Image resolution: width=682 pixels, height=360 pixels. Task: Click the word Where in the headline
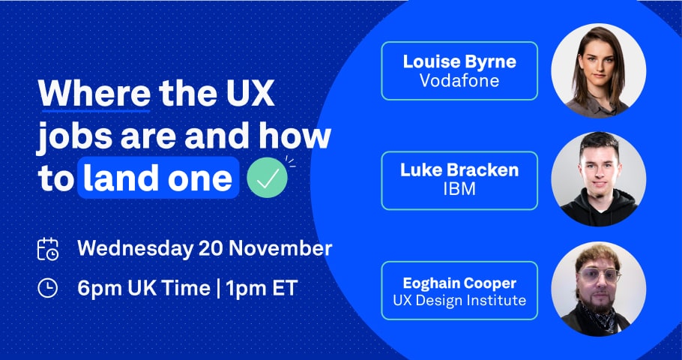tap(94, 95)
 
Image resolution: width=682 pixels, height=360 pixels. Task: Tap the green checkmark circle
tap(268, 178)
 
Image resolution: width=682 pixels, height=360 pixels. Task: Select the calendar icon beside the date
tap(48, 248)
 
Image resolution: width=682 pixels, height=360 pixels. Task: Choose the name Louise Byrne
tap(459, 61)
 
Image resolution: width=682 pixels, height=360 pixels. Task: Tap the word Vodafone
tap(459, 80)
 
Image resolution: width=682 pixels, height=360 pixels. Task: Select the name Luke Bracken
tap(459, 169)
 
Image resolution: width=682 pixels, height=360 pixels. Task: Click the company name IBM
tap(459, 188)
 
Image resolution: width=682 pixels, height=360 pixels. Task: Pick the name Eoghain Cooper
tap(459, 283)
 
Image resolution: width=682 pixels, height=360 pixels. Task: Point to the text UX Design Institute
tap(459, 301)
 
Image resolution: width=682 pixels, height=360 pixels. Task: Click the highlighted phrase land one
tap(157, 178)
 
